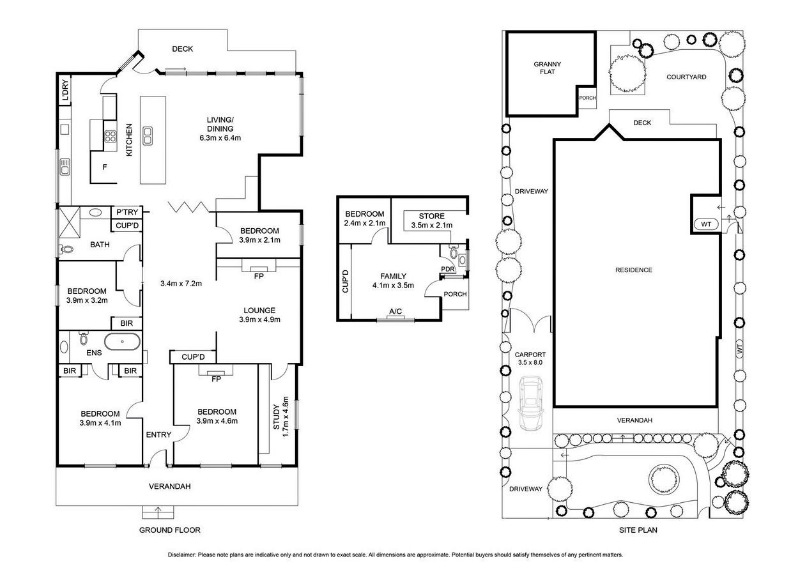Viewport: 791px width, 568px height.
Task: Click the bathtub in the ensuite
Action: [122, 342]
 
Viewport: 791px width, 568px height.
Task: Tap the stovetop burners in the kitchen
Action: [111, 136]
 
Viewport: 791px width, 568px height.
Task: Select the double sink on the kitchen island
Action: [148, 136]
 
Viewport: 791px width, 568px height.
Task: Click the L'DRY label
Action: [65, 90]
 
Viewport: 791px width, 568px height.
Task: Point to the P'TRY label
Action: [127, 212]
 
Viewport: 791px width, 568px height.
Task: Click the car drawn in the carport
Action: [530, 403]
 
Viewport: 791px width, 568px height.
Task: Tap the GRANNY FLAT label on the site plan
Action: [548, 68]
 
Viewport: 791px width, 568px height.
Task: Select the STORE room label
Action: [431, 216]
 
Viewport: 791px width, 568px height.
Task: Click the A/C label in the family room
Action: [396, 311]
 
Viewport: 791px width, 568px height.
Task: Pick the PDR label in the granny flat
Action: [448, 269]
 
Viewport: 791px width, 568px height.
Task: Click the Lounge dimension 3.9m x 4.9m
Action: [259, 319]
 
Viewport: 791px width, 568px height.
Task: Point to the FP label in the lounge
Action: [259, 276]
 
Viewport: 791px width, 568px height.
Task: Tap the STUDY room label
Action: [276, 417]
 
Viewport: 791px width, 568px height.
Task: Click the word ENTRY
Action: [158, 434]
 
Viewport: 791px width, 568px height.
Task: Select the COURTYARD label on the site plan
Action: [686, 77]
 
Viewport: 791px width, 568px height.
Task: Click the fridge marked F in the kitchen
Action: [105, 167]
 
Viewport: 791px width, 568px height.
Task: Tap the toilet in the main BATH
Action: [66, 249]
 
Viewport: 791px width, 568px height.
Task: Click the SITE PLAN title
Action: [638, 530]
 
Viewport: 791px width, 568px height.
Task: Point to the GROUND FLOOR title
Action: [169, 530]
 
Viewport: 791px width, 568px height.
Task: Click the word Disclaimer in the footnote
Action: [181, 555]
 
